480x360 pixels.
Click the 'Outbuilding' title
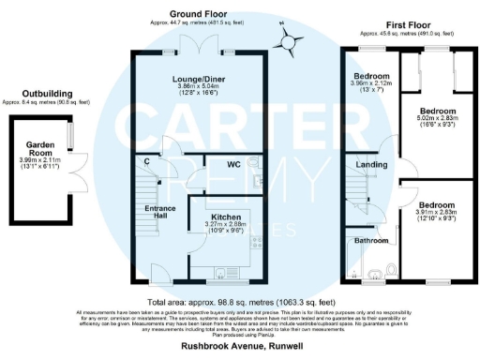point(48,91)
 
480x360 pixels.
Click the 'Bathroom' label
point(371,239)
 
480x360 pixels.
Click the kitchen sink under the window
point(222,275)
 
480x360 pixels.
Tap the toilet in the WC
point(255,162)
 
